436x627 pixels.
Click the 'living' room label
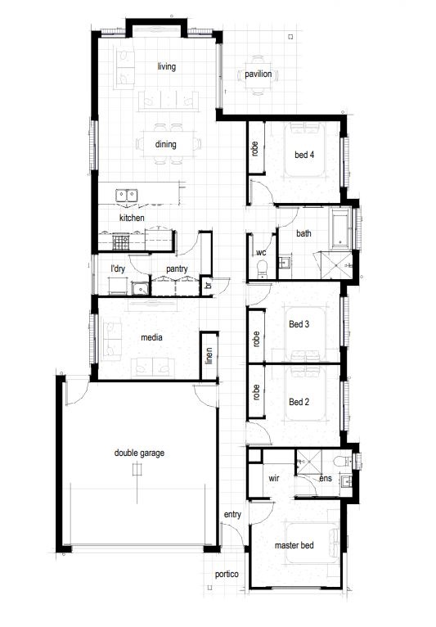(x=166, y=66)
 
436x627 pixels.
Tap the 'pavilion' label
(x=258, y=74)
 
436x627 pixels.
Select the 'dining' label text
(x=165, y=144)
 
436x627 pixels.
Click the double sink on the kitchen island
(x=127, y=196)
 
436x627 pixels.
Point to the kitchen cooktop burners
(x=121, y=241)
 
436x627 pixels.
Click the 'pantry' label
(x=177, y=269)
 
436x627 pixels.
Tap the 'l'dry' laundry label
(x=118, y=268)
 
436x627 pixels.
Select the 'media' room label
(x=151, y=337)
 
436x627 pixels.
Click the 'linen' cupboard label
(x=209, y=356)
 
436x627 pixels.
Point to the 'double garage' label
(x=139, y=453)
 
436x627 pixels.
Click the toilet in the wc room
(x=262, y=269)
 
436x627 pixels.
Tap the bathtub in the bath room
(x=339, y=228)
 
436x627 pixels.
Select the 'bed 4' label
(x=304, y=155)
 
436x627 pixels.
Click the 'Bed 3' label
(x=299, y=324)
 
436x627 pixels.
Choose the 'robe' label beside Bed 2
(x=256, y=393)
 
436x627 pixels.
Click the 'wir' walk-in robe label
(x=274, y=478)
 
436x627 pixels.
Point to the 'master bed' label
(x=294, y=545)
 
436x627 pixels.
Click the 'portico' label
(x=227, y=575)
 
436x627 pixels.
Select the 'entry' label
(x=232, y=515)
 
